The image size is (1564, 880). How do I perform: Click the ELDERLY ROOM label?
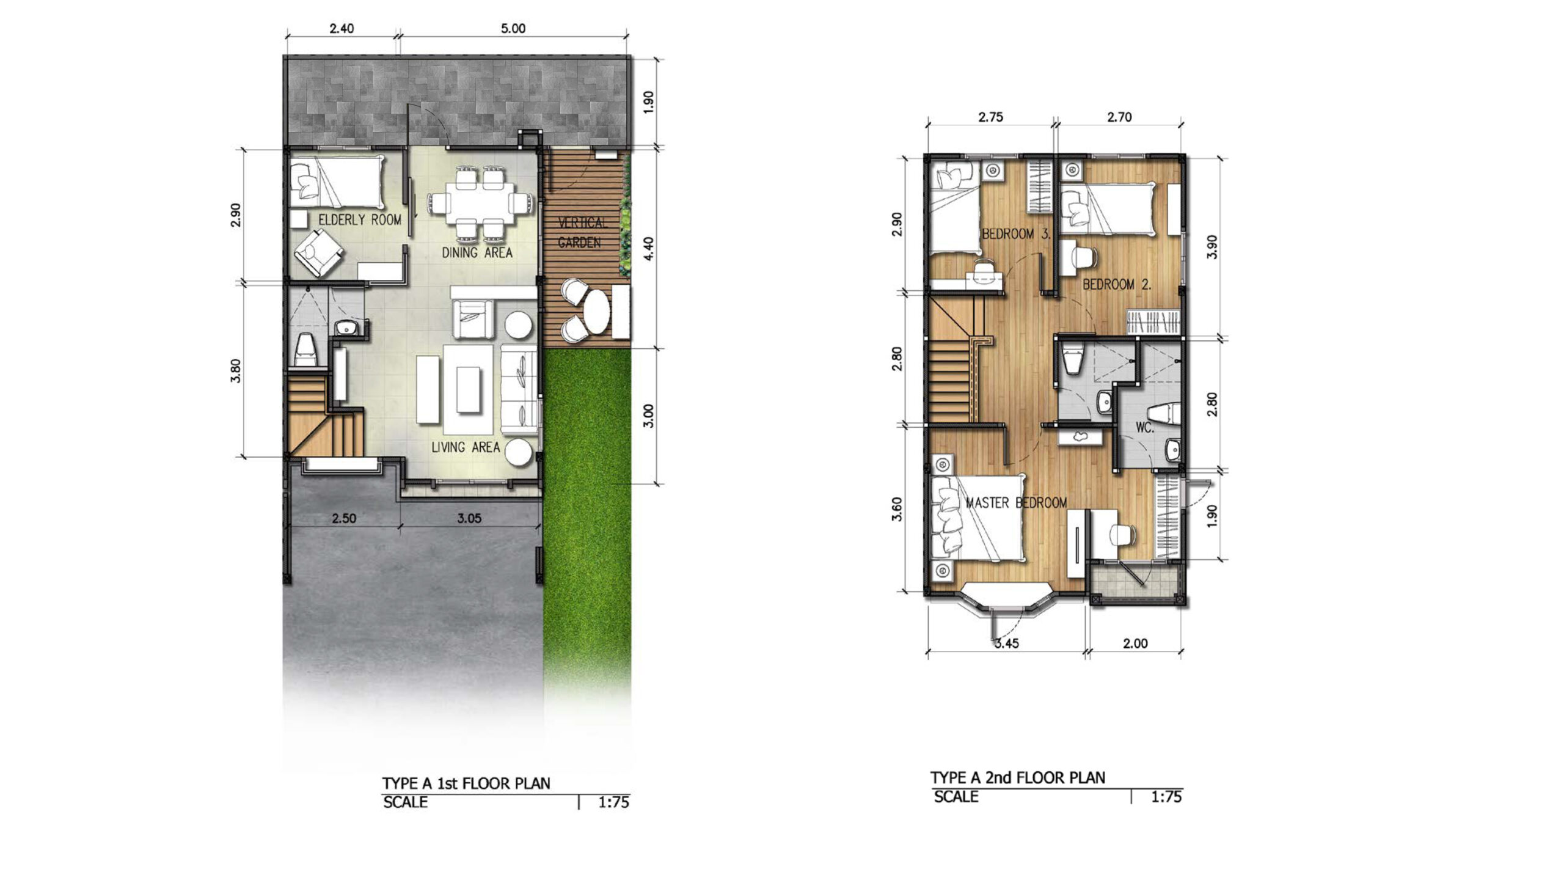360,220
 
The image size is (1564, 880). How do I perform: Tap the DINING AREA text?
477,252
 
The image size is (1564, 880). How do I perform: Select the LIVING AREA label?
466,447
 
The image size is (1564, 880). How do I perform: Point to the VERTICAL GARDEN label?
582,233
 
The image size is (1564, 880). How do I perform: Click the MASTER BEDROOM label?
1016,503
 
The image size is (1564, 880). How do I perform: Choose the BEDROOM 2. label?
1117,284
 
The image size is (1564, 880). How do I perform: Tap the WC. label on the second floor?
1145,428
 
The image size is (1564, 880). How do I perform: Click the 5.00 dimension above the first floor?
513,28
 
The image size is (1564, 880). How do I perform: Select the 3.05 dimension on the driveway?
469,519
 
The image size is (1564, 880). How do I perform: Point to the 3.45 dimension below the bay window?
1006,643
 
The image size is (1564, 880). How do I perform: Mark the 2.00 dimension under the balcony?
1135,643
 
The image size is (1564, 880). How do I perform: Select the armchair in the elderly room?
318,252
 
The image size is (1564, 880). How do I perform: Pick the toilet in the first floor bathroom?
305,351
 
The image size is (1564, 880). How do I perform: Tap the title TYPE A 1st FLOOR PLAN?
466,783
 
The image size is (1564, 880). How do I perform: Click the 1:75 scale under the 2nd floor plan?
1166,797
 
